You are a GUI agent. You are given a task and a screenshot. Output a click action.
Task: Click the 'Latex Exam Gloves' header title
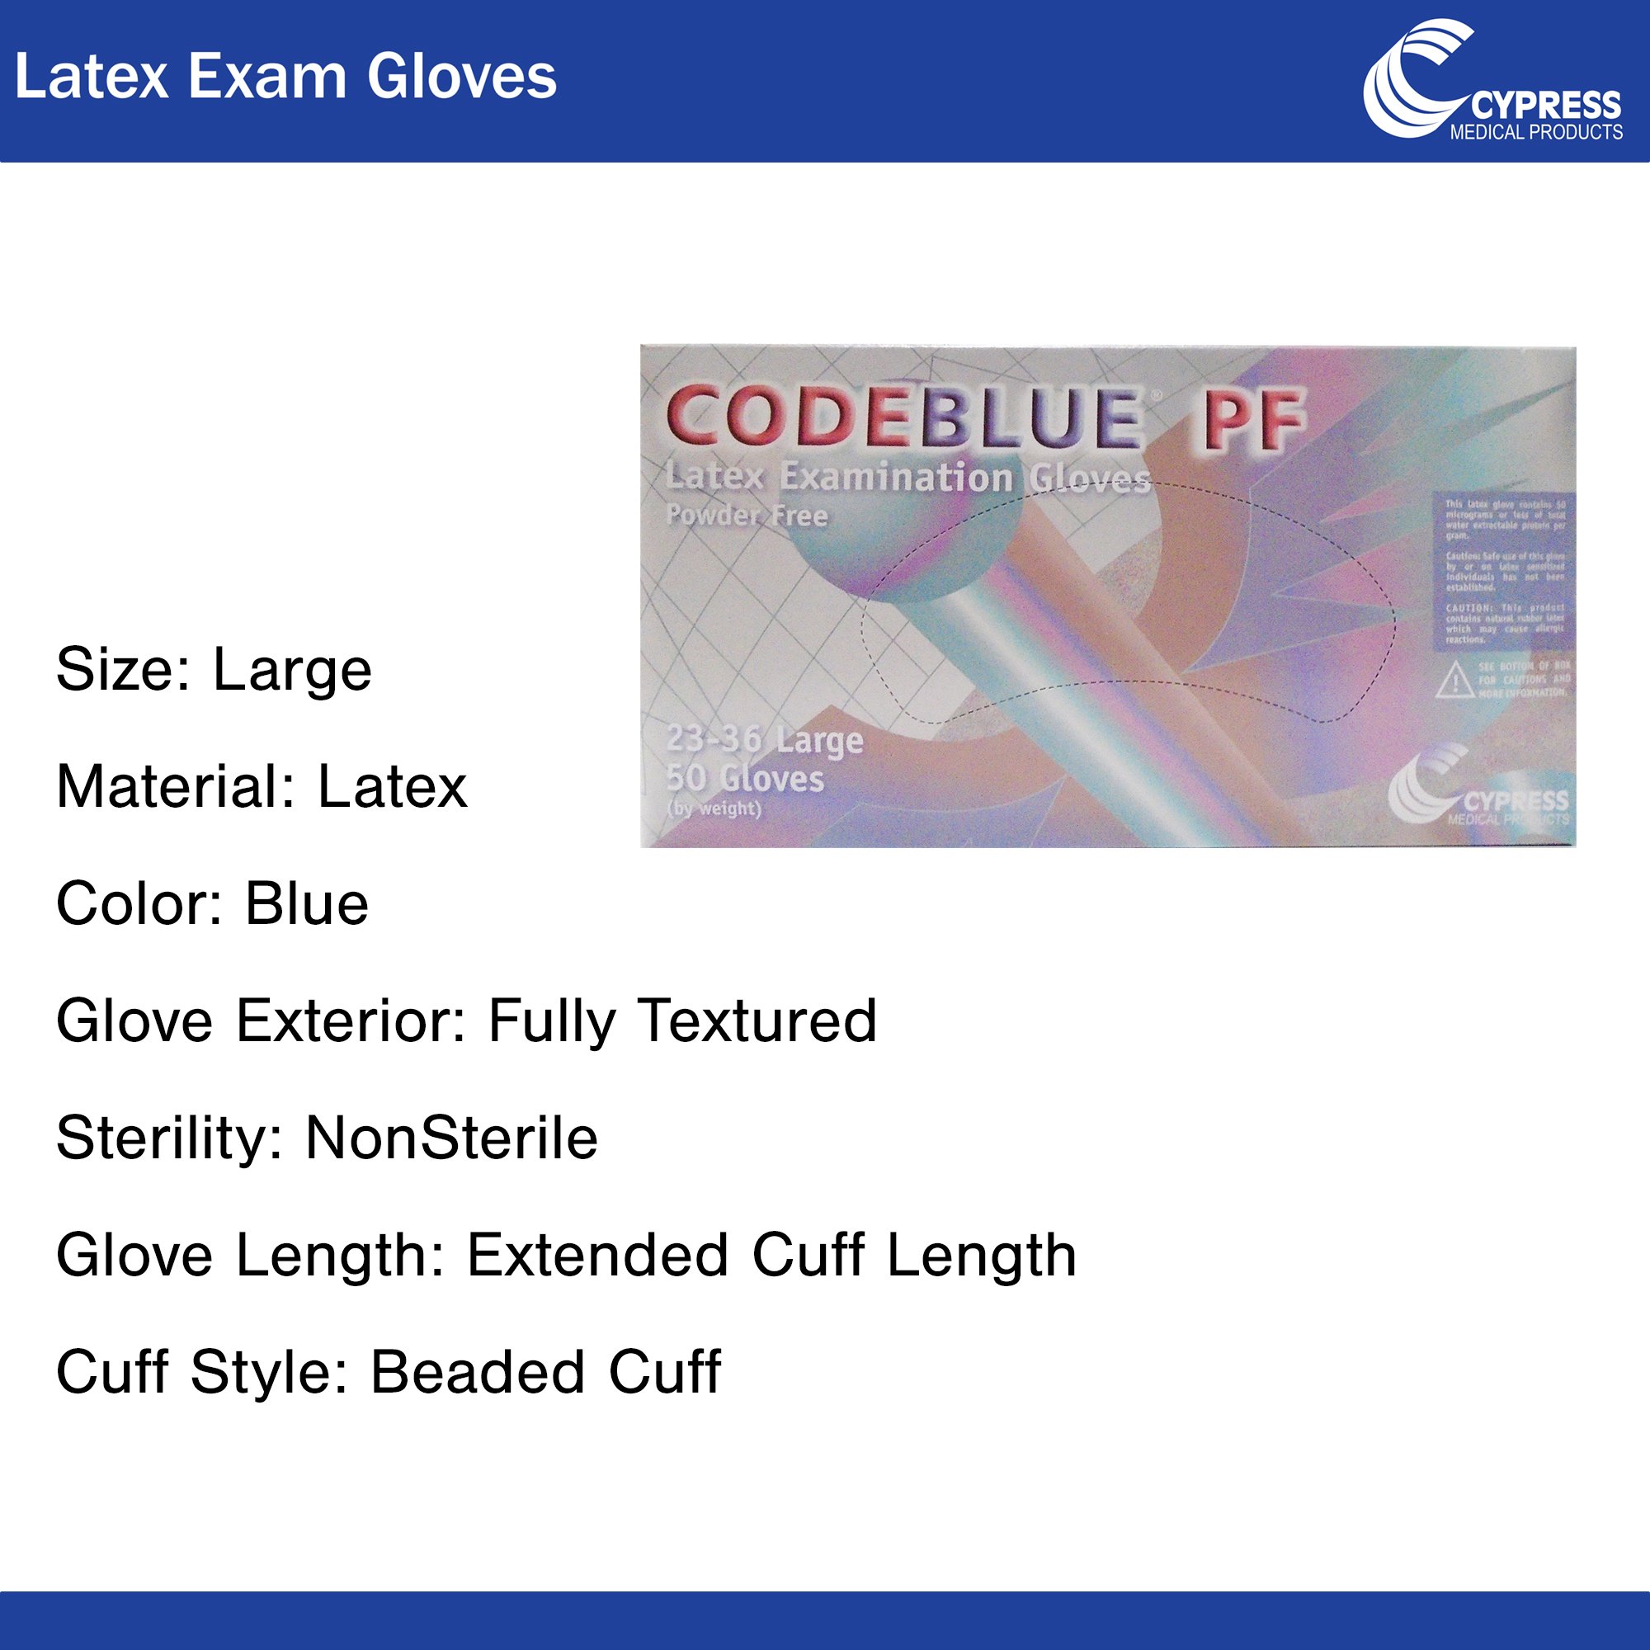point(285,77)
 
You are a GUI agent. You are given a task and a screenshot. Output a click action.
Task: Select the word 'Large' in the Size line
point(292,670)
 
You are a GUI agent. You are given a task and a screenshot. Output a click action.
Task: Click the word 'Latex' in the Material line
point(392,786)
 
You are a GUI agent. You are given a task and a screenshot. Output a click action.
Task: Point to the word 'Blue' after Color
point(307,903)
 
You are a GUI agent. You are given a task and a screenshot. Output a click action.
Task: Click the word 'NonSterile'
point(452,1138)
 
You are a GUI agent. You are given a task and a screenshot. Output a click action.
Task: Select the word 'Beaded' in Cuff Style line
point(478,1373)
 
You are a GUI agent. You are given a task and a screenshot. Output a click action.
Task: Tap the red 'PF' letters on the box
point(1254,419)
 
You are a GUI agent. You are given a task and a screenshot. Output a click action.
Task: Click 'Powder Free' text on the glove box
point(747,515)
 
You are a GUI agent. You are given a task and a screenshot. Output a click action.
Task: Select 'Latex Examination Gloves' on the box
point(907,478)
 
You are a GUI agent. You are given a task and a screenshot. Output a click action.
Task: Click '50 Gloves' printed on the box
point(745,778)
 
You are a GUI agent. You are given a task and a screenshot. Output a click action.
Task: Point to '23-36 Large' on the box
point(765,739)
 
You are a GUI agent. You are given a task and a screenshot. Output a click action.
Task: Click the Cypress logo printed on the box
point(1478,787)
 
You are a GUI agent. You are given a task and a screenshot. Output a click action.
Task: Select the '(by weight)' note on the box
point(713,808)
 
